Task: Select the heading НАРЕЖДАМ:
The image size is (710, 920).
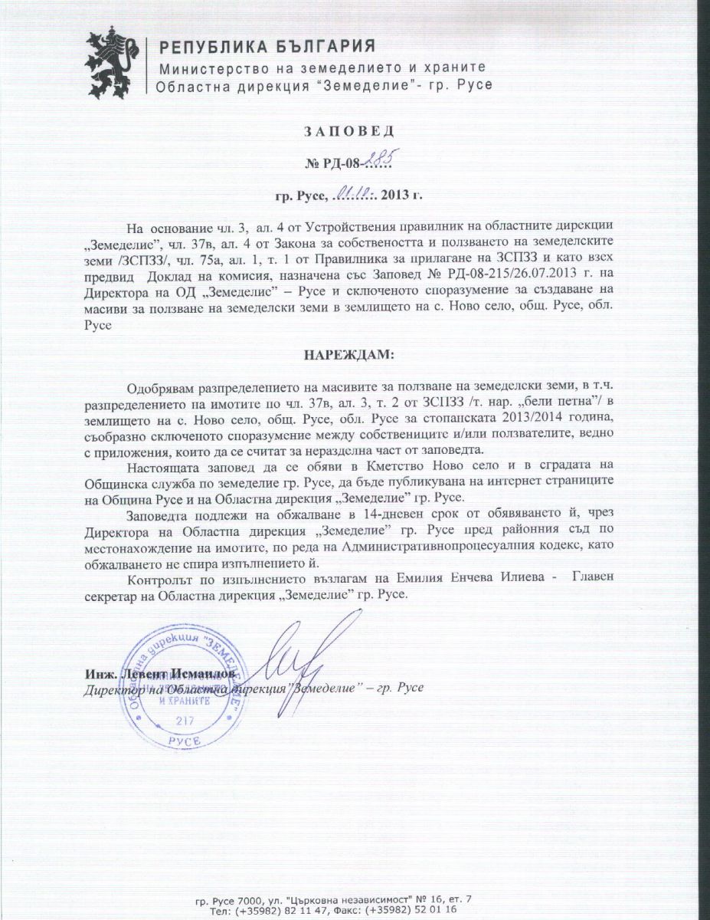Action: tap(355, 356)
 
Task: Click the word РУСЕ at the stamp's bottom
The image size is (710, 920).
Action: tap(185, 741)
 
